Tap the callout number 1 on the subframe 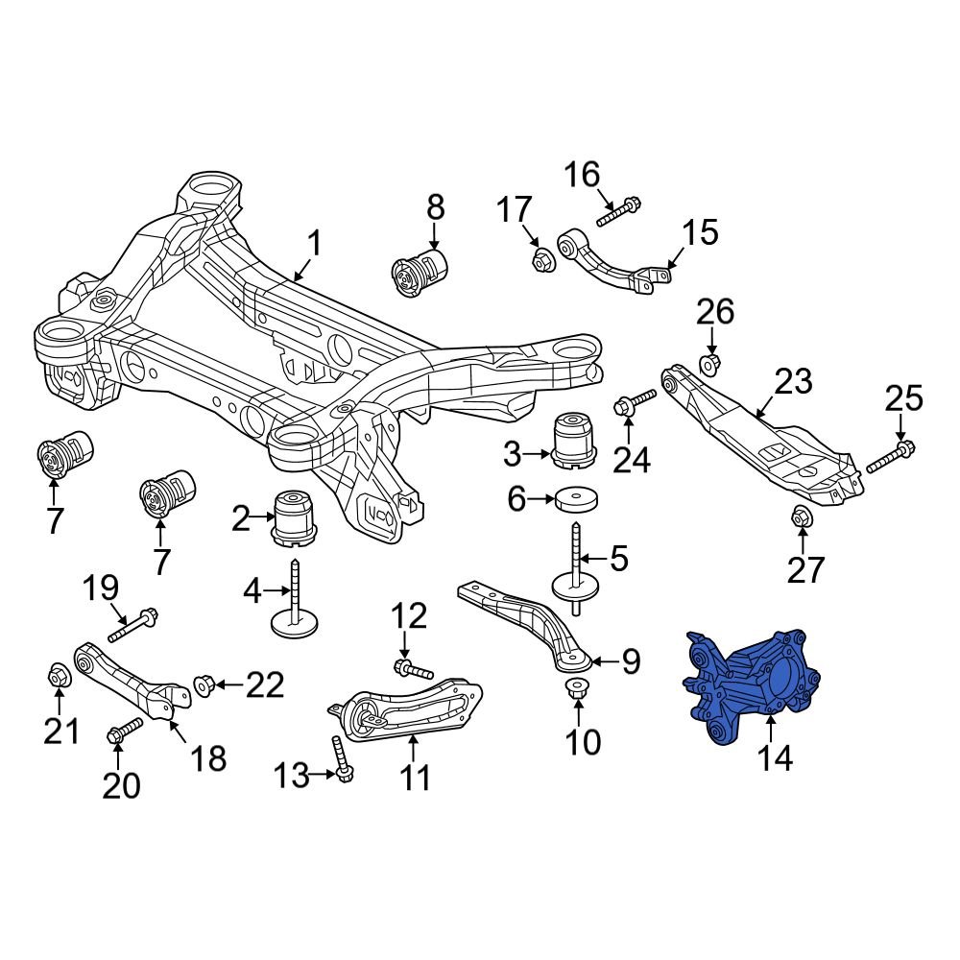(x=314, y=243)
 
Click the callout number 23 (x=793, y=381)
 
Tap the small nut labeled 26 (x=710, y=363)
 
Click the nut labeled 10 (x=577, y=688)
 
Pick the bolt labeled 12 (x=413, y=668)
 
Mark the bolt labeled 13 (x=339, y=758)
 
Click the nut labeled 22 (x=203, y=684)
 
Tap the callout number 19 (x=102, y=588)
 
